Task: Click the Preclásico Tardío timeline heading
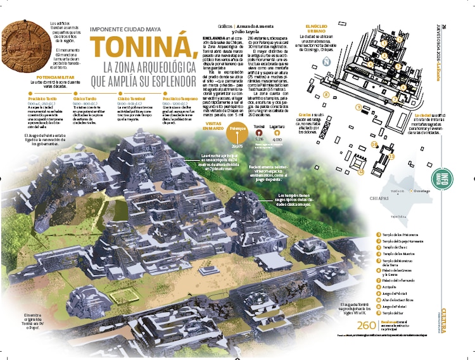click(x=43, y=100)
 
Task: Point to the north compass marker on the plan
click(x=326, y=61)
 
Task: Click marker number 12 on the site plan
click(x=374, y=145)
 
